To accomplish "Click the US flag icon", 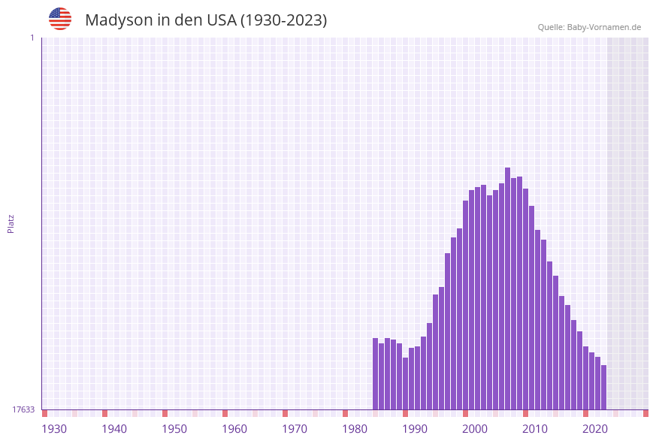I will click(x=60, y=19).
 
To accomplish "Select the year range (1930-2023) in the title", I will click(x=284, y=20).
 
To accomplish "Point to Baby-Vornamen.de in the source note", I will click(x=603, y=27).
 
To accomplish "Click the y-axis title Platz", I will click(x=11, y=223).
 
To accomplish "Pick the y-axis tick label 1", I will click(x=32, y=38).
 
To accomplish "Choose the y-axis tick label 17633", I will click(x=23, y=409).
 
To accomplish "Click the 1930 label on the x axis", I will click(x=54, y=429).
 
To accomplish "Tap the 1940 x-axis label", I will click(x=114, y=429).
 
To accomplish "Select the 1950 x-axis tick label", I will click(x=174, y=429).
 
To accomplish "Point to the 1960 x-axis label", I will click(x=234, y=429).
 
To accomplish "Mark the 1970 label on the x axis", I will click(x=295, y=429).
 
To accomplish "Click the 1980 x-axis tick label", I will click(x=355, y=429).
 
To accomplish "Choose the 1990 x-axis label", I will click(x=415, y=429).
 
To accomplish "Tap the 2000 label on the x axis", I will click(x=475, y=429).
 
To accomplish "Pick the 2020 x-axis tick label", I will click(x=595, y=429).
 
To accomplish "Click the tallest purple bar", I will click(x=507, y=288).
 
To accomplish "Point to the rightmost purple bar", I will click(x=603, y=387).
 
